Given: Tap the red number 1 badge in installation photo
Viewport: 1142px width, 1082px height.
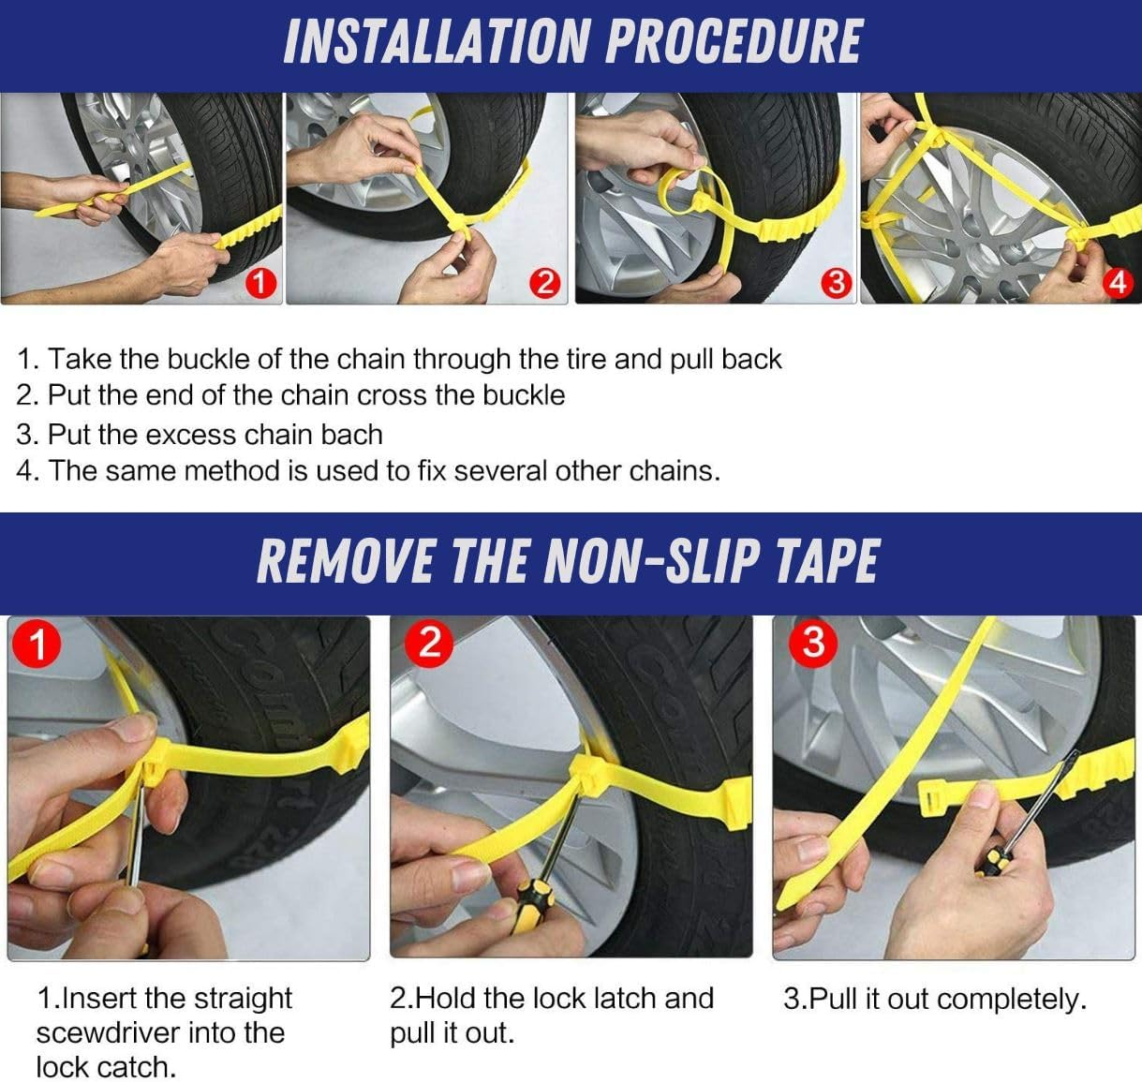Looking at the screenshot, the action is point(260,284).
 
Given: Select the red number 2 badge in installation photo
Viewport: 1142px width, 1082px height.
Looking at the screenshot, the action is point(545,284).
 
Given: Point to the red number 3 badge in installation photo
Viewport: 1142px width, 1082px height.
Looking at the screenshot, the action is point(837,284).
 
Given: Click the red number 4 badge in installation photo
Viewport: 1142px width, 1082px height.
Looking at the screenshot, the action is point(1119,284).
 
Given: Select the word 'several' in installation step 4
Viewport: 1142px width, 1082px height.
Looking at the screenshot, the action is point(500,470).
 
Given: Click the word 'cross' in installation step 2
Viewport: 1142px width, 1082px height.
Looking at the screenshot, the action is point(393,395).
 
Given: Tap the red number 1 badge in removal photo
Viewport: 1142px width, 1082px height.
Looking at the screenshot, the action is point(37,645).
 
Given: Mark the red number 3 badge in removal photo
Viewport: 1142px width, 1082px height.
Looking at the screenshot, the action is point(812,642).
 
